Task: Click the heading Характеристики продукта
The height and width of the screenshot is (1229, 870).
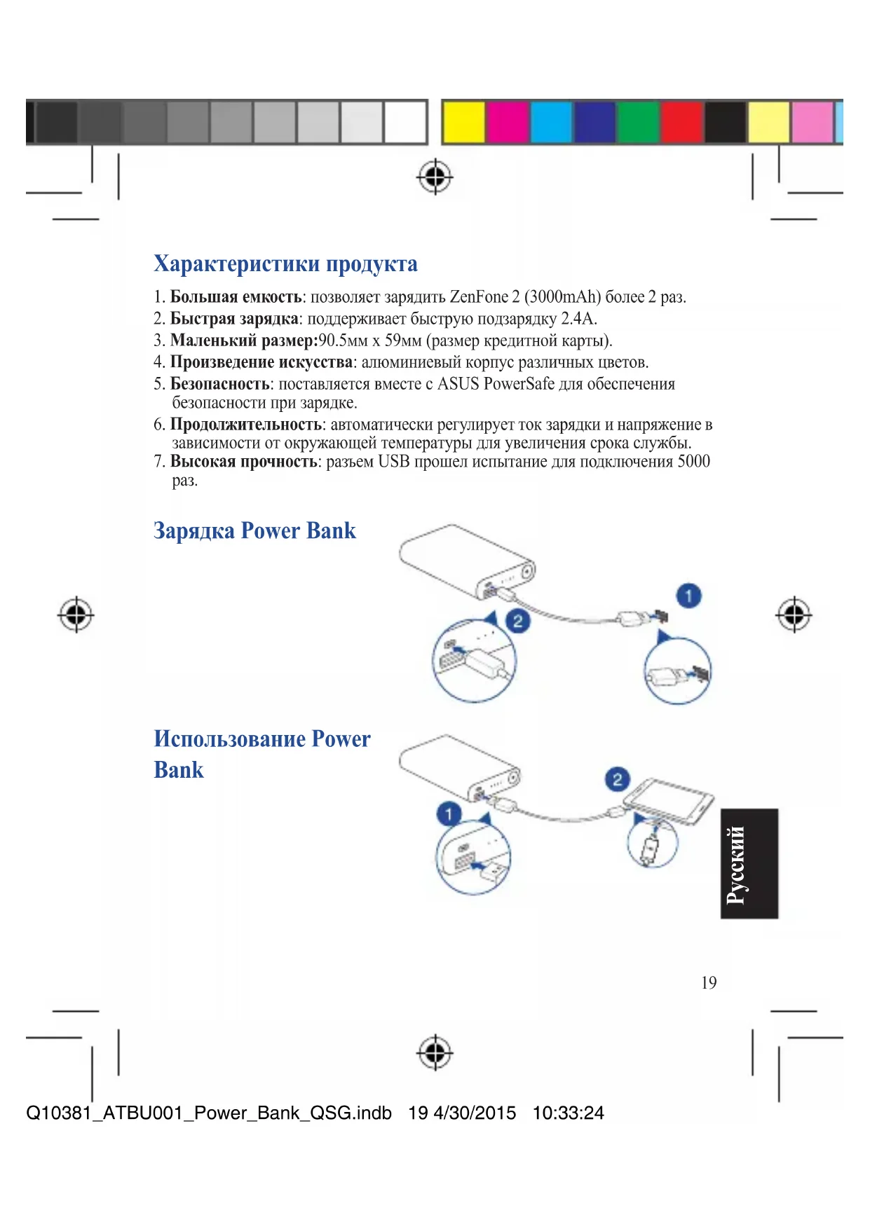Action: pos(285,264)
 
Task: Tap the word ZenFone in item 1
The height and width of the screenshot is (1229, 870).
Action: pos(479,297)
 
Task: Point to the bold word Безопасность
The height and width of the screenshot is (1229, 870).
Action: pos(219,384)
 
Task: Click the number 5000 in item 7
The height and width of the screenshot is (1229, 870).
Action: pos(693,462)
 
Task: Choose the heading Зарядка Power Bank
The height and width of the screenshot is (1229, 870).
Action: pos(254,530)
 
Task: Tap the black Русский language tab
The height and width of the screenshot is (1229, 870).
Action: pos(749,863)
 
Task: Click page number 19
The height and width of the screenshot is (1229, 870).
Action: pos(709,983)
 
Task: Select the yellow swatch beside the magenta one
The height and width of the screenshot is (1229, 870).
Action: pos(464,122)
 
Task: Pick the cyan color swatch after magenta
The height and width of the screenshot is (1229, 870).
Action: pos(551,122)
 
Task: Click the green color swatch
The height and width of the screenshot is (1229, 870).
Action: pos(638,122)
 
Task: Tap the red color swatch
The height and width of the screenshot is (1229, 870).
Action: pos(681,122)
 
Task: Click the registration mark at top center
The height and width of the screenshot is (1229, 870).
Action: pos(435,177)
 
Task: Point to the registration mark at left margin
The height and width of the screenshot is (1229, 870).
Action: pos(76,615)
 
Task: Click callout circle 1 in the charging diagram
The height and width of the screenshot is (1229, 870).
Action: pos(688,596)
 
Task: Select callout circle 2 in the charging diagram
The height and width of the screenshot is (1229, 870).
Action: pos(517,621)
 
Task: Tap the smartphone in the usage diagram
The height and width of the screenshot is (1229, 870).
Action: pos(667,800)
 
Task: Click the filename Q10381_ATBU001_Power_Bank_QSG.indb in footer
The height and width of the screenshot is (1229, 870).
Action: pos(209,1113)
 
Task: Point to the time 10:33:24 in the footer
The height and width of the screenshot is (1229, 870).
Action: pos(568,1113)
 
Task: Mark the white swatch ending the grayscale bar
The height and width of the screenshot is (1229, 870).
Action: pos(405,122)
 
